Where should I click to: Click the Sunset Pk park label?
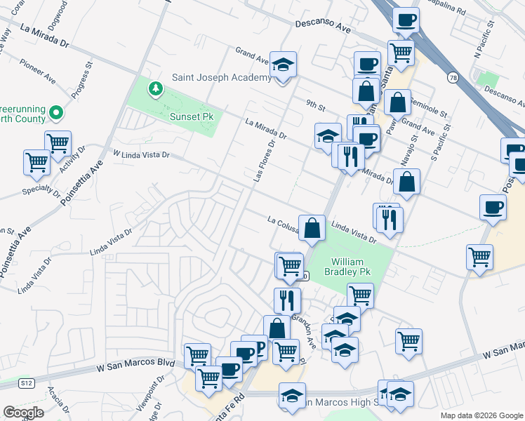192,116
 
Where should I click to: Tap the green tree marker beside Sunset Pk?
154,90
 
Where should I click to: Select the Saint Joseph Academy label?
222,77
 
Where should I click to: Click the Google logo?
24,412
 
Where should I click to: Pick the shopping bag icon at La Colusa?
312,228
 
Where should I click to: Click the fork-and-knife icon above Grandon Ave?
287,301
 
